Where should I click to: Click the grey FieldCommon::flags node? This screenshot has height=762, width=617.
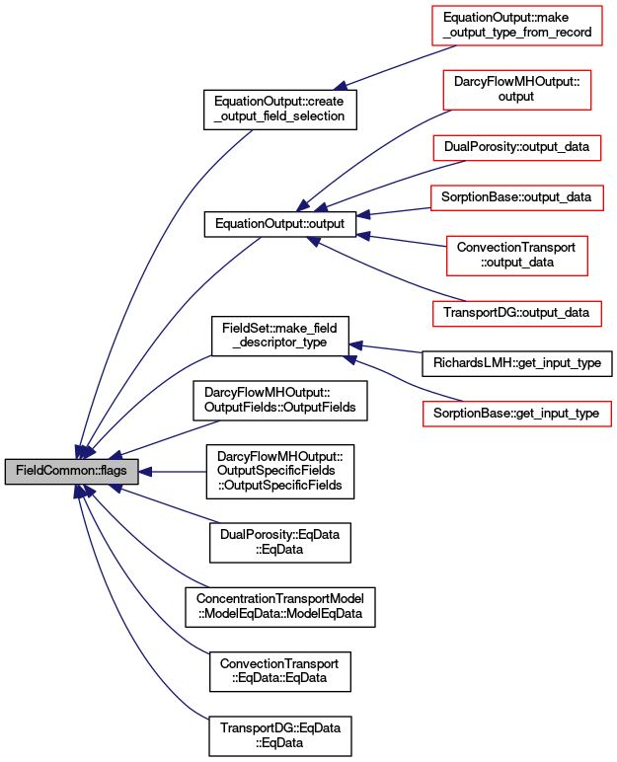click(71, 471)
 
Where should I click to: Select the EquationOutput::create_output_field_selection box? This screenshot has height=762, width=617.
click(280, 110)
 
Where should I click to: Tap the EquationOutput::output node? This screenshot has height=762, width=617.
click(280, 224)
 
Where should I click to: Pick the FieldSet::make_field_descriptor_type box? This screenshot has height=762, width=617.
click(280, 336)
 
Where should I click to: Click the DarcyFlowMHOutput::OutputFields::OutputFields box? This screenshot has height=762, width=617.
click(280, 401)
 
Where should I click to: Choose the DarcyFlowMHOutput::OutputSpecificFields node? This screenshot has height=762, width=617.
click(280, 472)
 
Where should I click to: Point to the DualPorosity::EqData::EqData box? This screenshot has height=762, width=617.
click(280, 542)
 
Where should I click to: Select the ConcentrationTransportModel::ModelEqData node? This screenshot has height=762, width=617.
click(280, 606)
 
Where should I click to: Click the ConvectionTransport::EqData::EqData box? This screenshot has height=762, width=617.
click(280, 671)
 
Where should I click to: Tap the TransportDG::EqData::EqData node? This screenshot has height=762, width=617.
click(280, 735)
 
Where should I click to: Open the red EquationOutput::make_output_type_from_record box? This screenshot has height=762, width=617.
click(517, 26)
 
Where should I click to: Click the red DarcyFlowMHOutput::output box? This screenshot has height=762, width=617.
click(517, 90)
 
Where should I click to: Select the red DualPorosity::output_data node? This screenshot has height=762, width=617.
click(517, 147)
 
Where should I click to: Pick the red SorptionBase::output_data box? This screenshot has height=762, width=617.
click(517, 197)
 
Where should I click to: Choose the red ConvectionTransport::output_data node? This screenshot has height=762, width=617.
click(517, 256)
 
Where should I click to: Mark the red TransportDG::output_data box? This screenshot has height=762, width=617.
click(517, 314)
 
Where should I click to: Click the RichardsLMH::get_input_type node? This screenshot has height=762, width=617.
click(517, 363)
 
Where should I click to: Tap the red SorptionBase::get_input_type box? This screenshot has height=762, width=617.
click(517, 414)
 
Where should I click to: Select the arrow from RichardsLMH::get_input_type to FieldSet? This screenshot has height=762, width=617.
click(386, 348)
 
